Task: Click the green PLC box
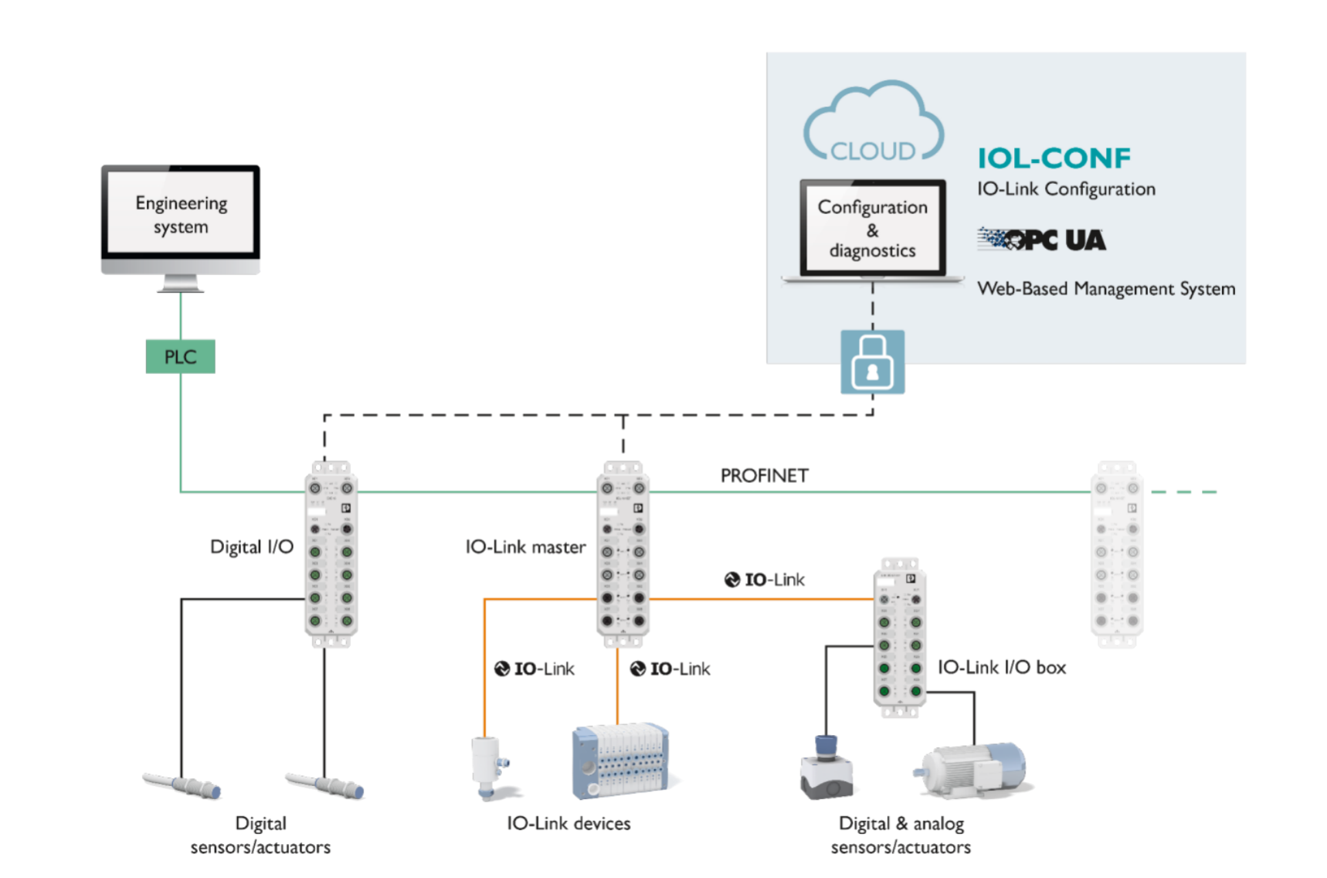click(180, 356)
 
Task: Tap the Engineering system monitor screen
click(181, 213)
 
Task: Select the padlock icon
click(872, 362)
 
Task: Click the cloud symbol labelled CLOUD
click(873, 124)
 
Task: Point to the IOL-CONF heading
click(1054, 158)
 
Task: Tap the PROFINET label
click(764, 475)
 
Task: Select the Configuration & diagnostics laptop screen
click(873, 228)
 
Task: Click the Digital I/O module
click(331, 553)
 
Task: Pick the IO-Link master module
click(623, 553)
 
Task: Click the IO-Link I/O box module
click(899, 638)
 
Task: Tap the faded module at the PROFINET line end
click(1116, 553)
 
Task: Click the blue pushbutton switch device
click(826, 768)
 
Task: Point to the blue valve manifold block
click(619, 761)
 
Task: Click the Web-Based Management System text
click(1105, 289)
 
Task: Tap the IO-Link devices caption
click(568, 824)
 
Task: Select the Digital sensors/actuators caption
click(260, 835)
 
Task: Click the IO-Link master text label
click(525, 547)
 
